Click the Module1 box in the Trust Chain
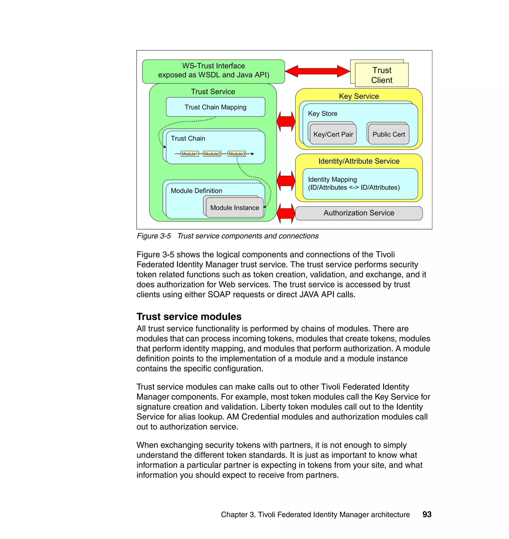pos(190,154)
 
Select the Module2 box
pos(212,154)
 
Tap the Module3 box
pos(237,154)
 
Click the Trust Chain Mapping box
pos(215,107)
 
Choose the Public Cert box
pos(388,134)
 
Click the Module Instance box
pos(234,208)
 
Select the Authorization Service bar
pos(359,213)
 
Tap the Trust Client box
pos(382,75)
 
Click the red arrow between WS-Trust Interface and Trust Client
pos(317,71)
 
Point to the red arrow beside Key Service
pos(286,121)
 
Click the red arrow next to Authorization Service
pos(286,214)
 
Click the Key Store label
pos(322,114)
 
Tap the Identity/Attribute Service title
pos(359,161)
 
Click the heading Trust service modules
pos(189,316)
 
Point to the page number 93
pos(427,514)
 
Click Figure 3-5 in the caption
pos(154,236)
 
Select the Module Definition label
pos(196,191)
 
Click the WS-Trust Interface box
pos(213,71)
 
